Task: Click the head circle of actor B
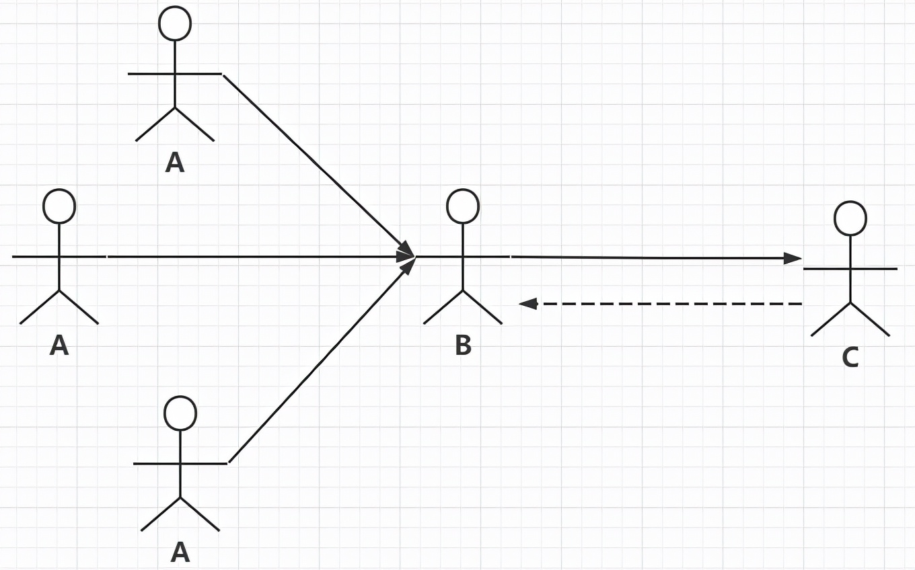(x=463, y=206)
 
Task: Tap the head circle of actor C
(x=850, y=218)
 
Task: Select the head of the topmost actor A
(x=175, y=23)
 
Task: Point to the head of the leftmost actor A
(x=59, y=206)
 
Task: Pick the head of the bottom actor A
(x=180, y=413)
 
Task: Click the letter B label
(x=463, y=345)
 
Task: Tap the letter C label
(x=850, y=358)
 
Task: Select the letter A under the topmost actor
(x=175, y=163)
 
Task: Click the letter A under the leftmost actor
(x=59, y=345)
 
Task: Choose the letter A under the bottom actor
(x=180, y=553)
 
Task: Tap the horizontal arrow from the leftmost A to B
(x=256, y=256)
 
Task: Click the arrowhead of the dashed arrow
(x=528, y=304)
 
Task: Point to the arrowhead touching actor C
(x=794, y=258)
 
